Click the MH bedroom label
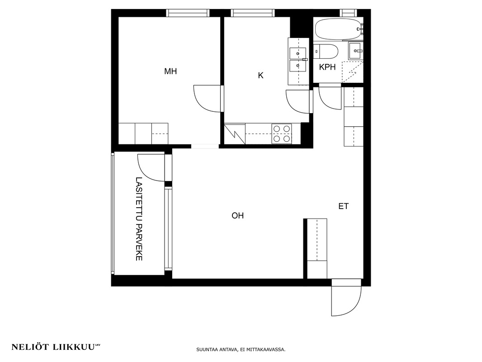tap(170, 71)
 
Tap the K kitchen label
tap(261, 76)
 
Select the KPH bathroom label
tap(327, 67)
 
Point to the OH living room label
tap(238, 215)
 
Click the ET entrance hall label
tap(343, 206)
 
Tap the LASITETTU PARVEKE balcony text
tap(139, 219)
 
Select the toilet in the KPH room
tap(326, 52)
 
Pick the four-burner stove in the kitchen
tap(282, 133)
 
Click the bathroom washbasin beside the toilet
tap(356, 51)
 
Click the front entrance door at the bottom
tap(346, 297)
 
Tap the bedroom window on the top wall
tap(188, 13)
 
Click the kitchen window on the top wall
tap(252, 13)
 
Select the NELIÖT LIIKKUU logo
tap(56, 347)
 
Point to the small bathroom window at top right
tap(348, 13)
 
